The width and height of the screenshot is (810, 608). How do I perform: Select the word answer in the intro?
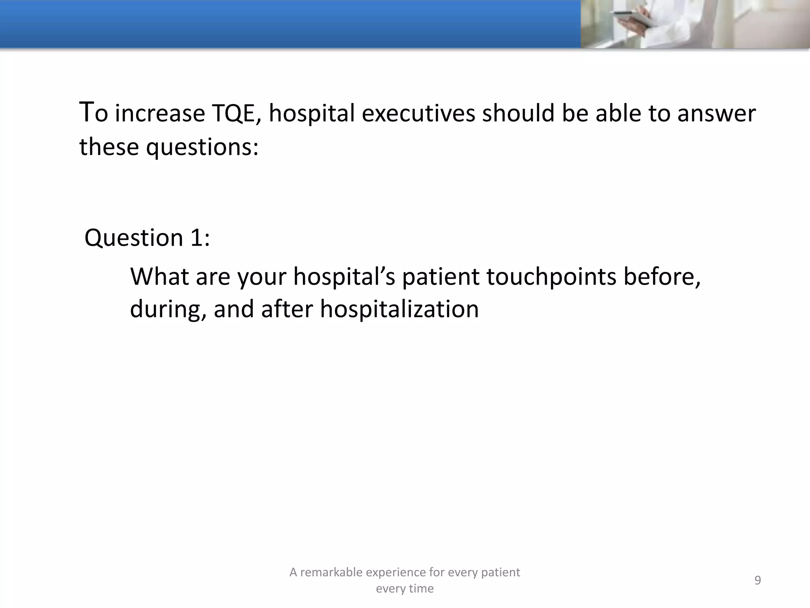click(716, 113)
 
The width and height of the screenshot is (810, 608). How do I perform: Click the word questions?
click(202, 147)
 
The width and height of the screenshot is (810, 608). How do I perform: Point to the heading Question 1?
click(147, 238)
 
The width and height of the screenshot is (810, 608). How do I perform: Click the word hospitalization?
click(399, 309)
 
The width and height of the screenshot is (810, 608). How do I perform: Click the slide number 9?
click(757, 580)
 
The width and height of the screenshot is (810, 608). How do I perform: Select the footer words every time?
click(405, 589)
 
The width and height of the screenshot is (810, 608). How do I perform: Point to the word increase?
click(160, 113)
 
